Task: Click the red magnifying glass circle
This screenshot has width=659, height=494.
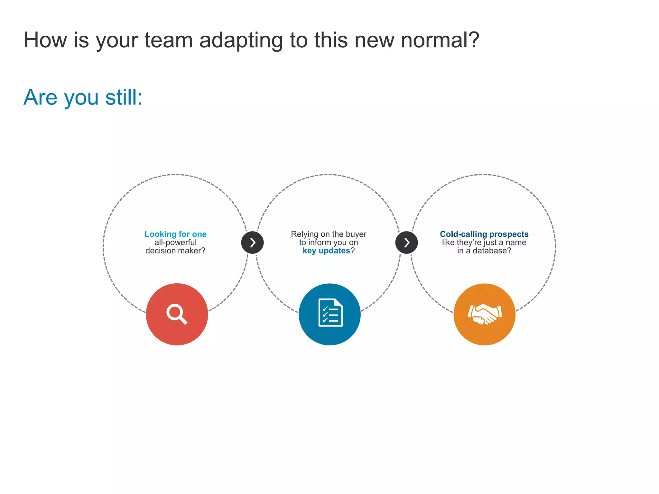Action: click(x=177, y=314)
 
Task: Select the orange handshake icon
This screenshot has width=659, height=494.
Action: click(x=484, y=314)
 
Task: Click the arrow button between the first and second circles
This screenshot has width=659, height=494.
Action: click(x=252, y=242)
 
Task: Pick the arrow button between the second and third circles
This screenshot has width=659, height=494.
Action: click(x=406, y=242)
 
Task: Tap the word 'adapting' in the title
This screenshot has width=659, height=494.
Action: click(x=241, y=41)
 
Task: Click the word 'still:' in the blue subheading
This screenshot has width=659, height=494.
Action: click(x=124, y=97)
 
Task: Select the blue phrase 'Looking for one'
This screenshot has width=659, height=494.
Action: click(x=175, y=234)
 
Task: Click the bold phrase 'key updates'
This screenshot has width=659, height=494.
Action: click(x=326, y=251)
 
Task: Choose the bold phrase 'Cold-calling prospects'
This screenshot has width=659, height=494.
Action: click(x=484, y=234)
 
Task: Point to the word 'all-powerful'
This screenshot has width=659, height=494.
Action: click(x=175, y=242)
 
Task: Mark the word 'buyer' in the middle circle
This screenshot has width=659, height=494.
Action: click(x=356, y=234)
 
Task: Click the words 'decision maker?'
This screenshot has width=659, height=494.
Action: click(x=175, y=251)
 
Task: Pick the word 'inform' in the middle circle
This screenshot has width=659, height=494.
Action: click(x=320, y=242)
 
